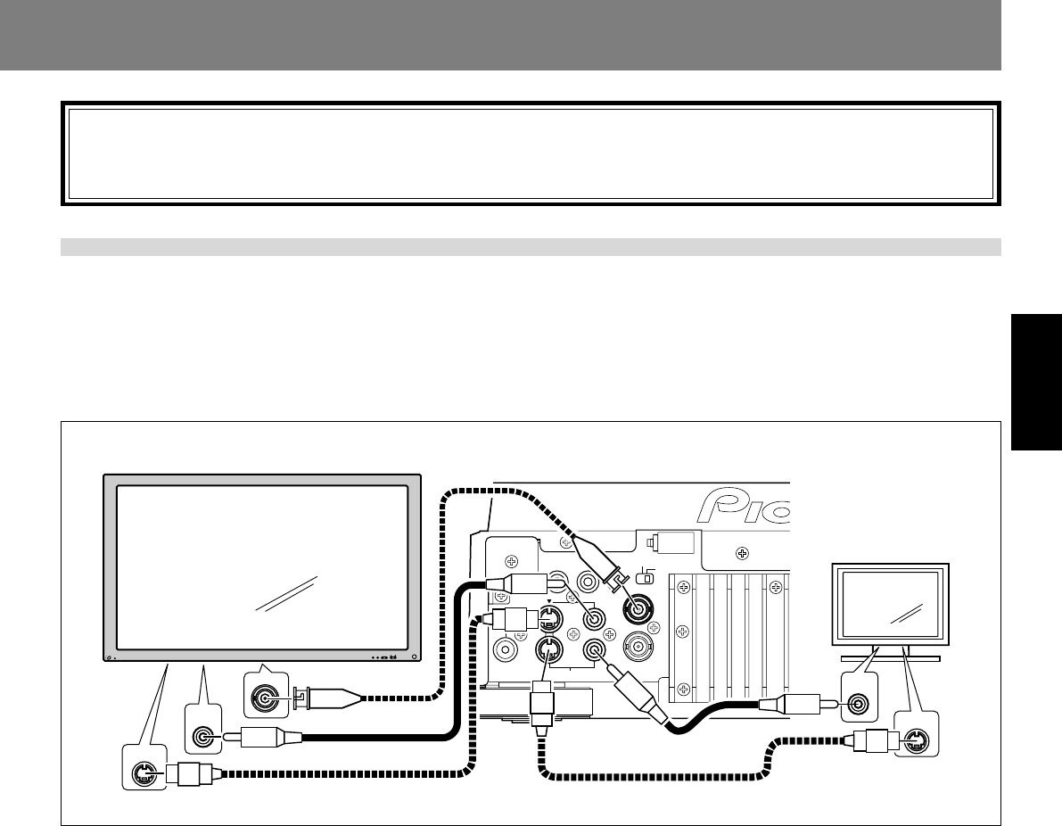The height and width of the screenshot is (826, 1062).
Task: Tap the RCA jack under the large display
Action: click(x=204, y=737)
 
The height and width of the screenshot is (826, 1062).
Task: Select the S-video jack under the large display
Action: click(x=141, y=774)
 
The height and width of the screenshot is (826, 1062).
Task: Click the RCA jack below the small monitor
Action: click(x=859, y=704)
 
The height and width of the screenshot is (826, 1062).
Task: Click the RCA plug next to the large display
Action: click(x=268, y=737)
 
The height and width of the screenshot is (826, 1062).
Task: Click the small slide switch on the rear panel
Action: click(x=648, y=578)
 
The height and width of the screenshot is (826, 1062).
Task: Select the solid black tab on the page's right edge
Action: click(x=1036, y=384)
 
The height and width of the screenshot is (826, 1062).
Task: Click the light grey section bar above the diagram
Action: click(x=531, y=247)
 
